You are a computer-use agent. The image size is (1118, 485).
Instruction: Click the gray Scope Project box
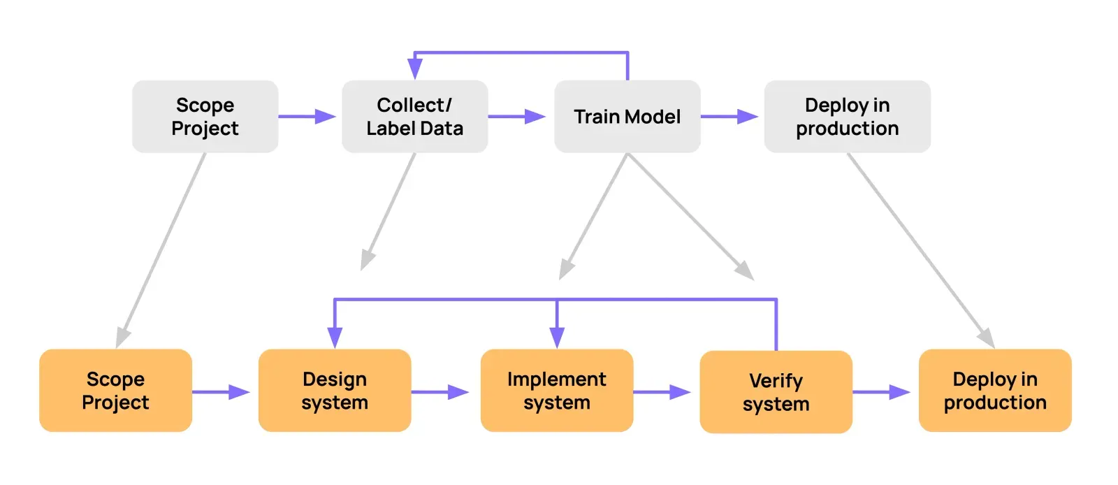(205, 117)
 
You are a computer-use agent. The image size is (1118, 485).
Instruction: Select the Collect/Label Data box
(414, 117)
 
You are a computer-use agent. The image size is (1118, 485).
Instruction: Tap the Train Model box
(627, 117)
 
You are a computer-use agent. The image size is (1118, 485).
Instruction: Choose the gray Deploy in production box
(847, 117)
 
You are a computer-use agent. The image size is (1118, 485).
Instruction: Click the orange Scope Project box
(115, 391)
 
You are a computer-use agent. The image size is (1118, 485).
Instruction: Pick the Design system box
(334, 391)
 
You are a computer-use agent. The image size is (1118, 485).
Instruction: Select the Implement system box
(556, 391)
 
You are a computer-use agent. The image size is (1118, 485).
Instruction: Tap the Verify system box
(776, 392)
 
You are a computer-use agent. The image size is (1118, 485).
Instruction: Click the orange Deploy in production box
(994, 391)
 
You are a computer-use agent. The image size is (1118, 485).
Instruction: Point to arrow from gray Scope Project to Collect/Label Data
(307, 117)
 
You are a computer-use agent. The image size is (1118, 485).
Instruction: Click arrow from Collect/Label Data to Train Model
(517, 117)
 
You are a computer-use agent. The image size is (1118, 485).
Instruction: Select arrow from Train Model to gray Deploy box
(730, 117)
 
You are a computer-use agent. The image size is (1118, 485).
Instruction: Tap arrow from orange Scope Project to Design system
(221, 392)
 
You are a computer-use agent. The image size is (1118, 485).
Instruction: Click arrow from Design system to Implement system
(440, 392)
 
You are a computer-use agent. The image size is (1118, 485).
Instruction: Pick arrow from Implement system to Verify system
(662, 392)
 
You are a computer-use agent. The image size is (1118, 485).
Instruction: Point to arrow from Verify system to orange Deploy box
(882, 392)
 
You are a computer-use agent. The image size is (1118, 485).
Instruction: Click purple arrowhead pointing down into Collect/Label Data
(414, 68)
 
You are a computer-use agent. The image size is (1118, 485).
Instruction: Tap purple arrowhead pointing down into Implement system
(557, 337)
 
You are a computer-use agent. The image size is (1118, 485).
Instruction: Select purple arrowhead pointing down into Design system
(335, 337)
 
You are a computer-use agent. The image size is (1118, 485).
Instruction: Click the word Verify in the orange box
(776, 381)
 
